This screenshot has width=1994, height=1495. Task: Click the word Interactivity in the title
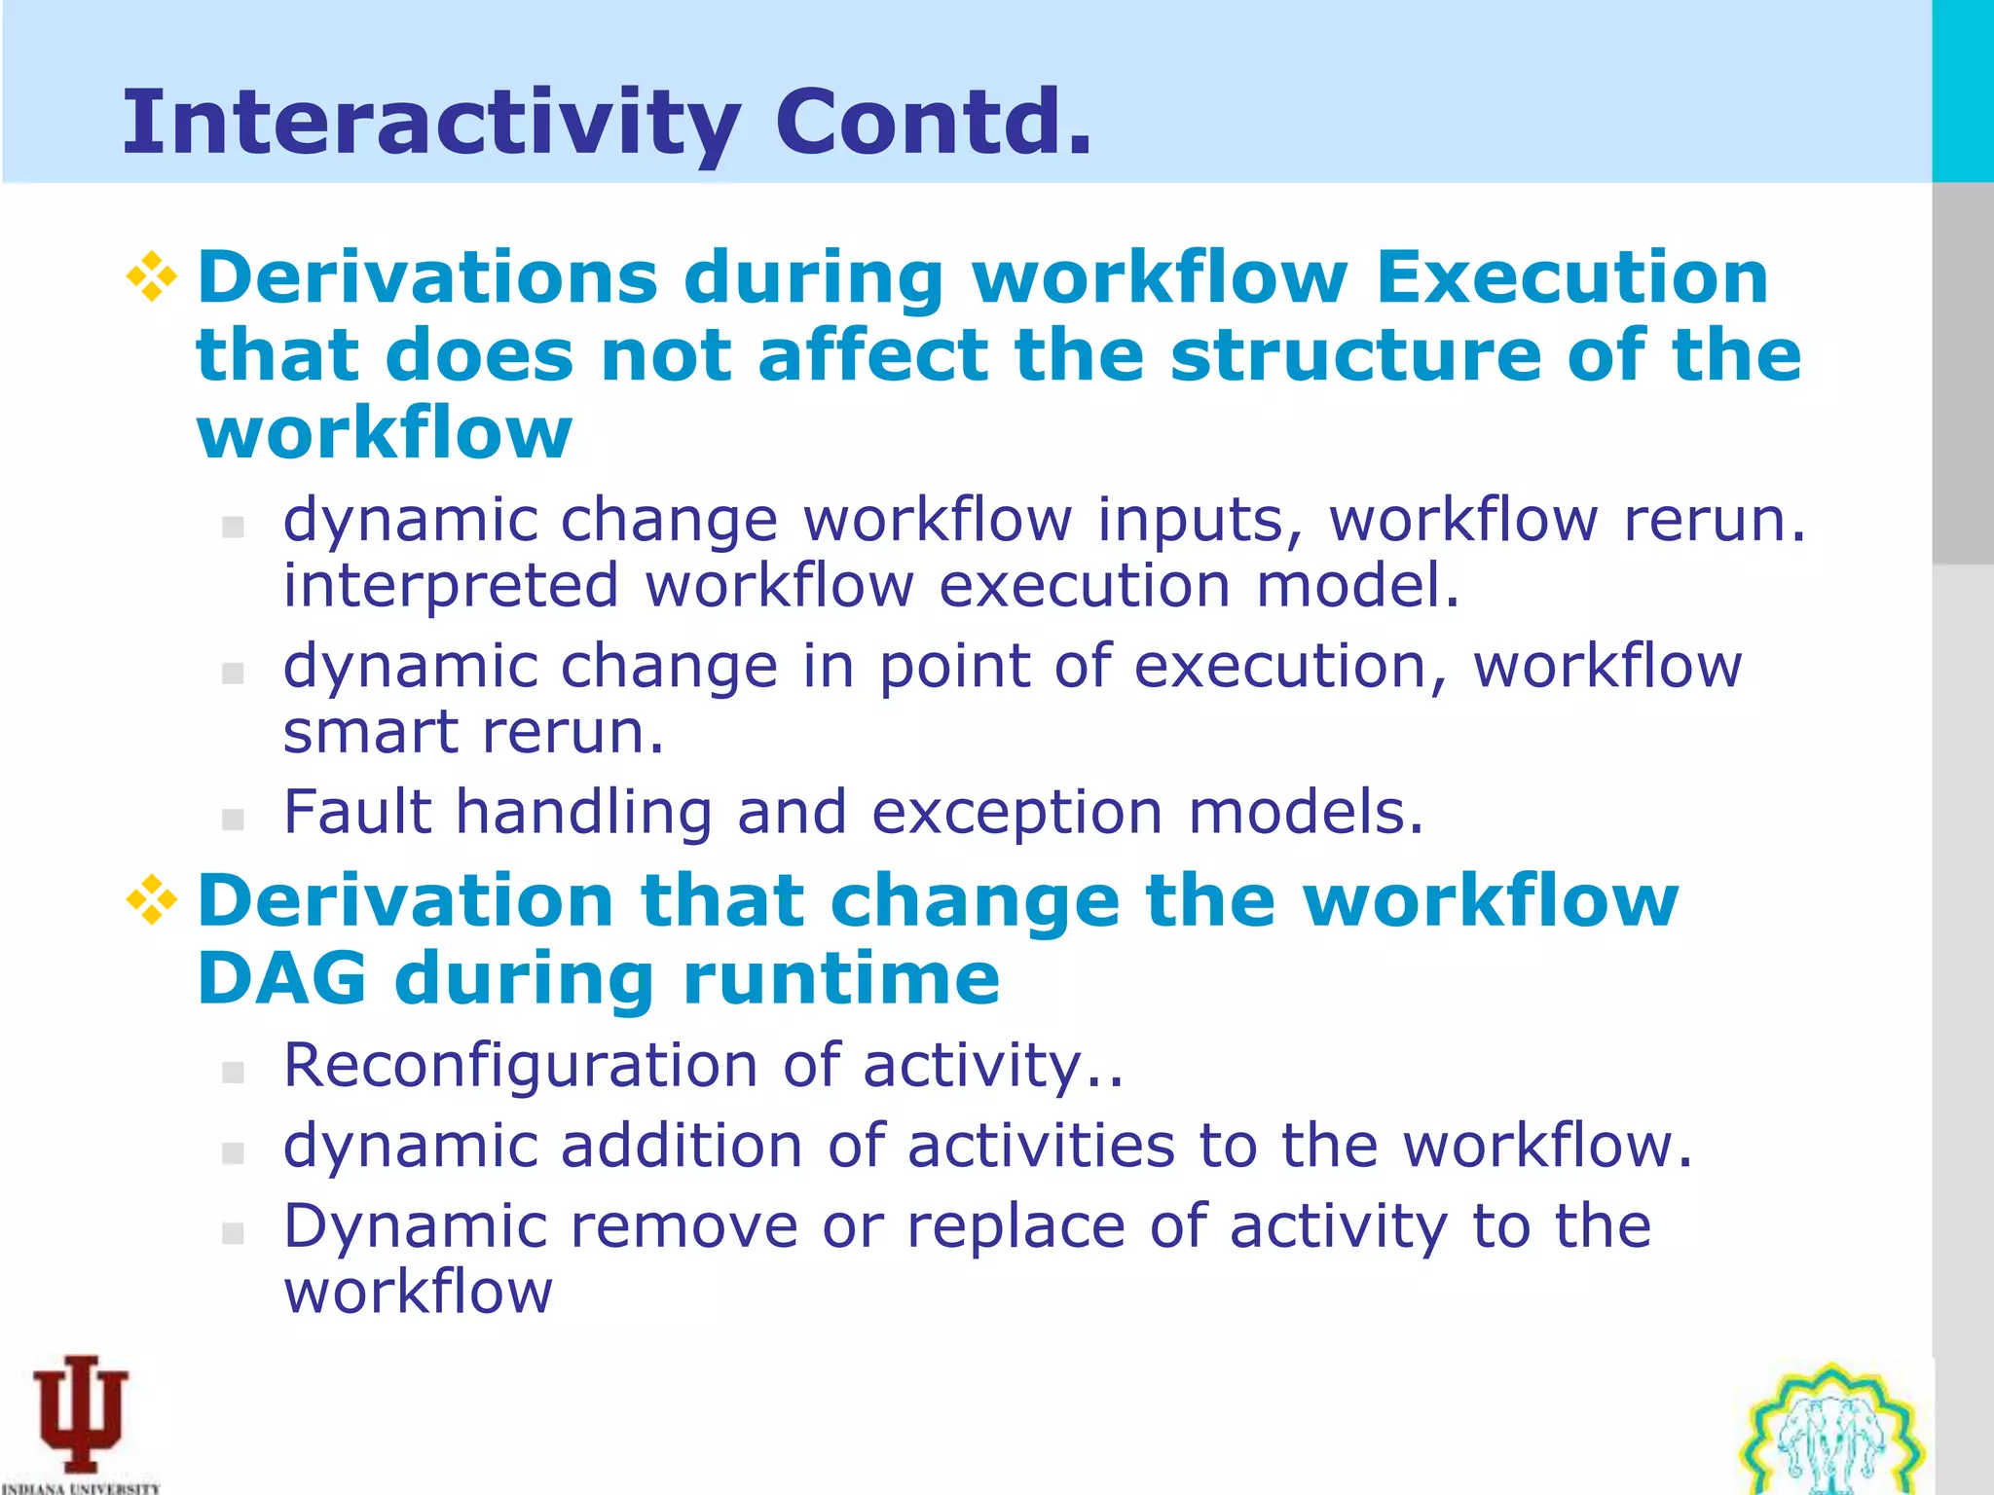click(x=430, y=124)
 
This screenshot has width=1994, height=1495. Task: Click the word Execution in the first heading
click(x=1571, y=278)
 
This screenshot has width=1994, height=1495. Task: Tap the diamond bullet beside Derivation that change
click(x=152, y=899)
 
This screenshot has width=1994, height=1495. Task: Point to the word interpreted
click(x=451, y=586)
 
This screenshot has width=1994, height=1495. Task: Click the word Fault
click(x=357, y=812)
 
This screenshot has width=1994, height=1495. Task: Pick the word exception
click(x=1016, y=814)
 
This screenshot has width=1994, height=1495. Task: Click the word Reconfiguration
click(x=520, y=1065)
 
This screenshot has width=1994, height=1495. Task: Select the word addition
click(x=682, y=1146)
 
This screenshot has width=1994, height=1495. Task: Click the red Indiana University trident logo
click(x=81, y=1413)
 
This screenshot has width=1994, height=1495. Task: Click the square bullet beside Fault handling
click(x=233, y=820)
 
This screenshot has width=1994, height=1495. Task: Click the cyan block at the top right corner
click(x=1962, y=91)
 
